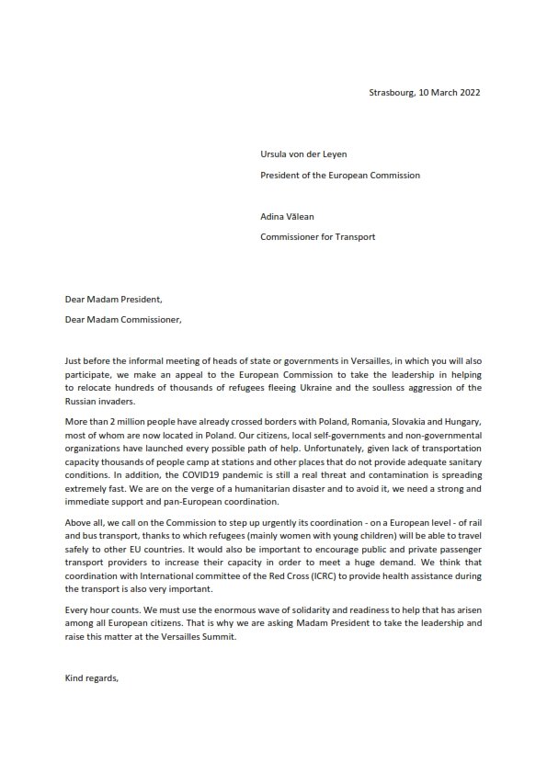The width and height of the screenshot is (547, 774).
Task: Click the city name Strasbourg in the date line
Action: (x=390, y=92)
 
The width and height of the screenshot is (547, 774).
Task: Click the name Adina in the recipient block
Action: (x=276, y=219)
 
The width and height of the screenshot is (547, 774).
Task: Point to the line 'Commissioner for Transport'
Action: (x=318, y=237)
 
